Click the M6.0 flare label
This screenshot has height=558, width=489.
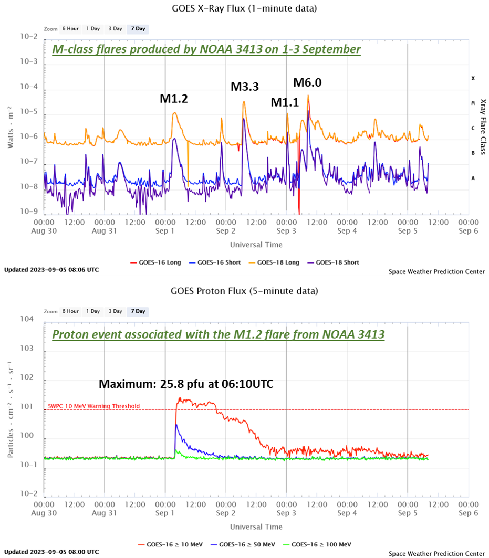(x=307, y=82)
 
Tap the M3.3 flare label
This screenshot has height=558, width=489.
(x=245, y=87)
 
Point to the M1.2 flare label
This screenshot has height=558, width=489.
(x=174, y=98)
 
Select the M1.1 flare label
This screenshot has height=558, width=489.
(x=285, y=103)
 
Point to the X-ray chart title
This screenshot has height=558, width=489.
(x=244, y=8)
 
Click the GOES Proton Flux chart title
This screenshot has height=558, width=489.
(x=244, y=291)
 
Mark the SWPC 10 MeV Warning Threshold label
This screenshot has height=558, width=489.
(x=93, y=406)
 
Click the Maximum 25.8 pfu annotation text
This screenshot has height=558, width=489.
(x=185, y=384)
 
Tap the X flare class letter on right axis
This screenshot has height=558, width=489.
(x=473, y=78)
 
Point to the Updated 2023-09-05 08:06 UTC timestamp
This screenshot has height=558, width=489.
(x=51, y=270)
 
